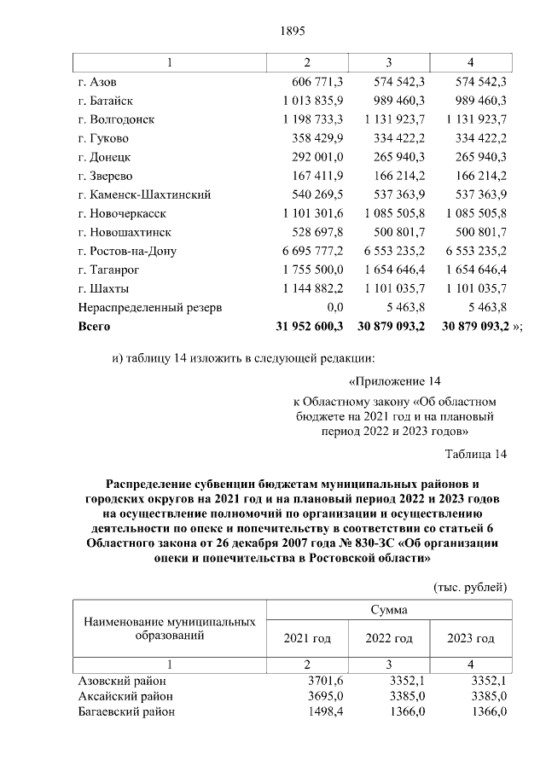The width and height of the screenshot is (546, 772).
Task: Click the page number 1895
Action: (292, 32)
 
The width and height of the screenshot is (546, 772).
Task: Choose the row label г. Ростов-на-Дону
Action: (126, 251)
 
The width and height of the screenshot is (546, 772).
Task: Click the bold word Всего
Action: (94, 326)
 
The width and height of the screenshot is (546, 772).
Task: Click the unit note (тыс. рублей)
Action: (470, 587)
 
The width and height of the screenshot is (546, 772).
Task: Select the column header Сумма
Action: (388, 610)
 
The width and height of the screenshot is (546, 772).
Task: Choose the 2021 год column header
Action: (306, 638)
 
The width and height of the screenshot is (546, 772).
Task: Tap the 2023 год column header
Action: (471, 638)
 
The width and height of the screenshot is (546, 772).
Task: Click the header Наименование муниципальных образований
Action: (168, 629)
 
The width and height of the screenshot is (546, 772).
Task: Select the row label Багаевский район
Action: (126, 713)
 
